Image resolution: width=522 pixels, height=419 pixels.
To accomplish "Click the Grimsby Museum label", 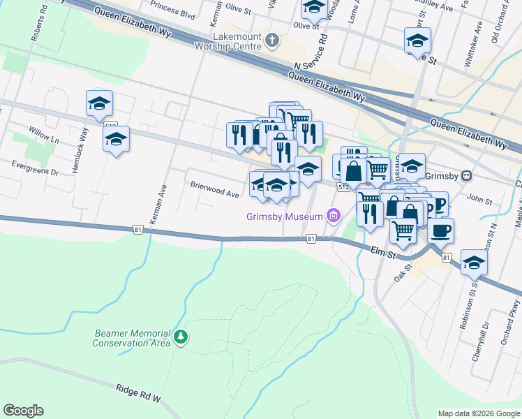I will (x=284, y=216).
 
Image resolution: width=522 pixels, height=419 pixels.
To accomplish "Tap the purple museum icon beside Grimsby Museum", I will (x=334, y=216).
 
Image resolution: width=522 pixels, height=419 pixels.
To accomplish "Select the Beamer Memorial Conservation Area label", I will (x=131, y=338).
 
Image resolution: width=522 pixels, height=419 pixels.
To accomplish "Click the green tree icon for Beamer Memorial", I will (x=181, y=337).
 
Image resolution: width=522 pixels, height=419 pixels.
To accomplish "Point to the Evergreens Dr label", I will (x=35, y=167).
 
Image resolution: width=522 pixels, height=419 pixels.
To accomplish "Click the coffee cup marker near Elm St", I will (x=440, y=229).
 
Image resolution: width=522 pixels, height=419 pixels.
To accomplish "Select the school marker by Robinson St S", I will (x=474, y=263).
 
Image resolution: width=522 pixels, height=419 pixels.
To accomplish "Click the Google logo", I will (x=23, y=411).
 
